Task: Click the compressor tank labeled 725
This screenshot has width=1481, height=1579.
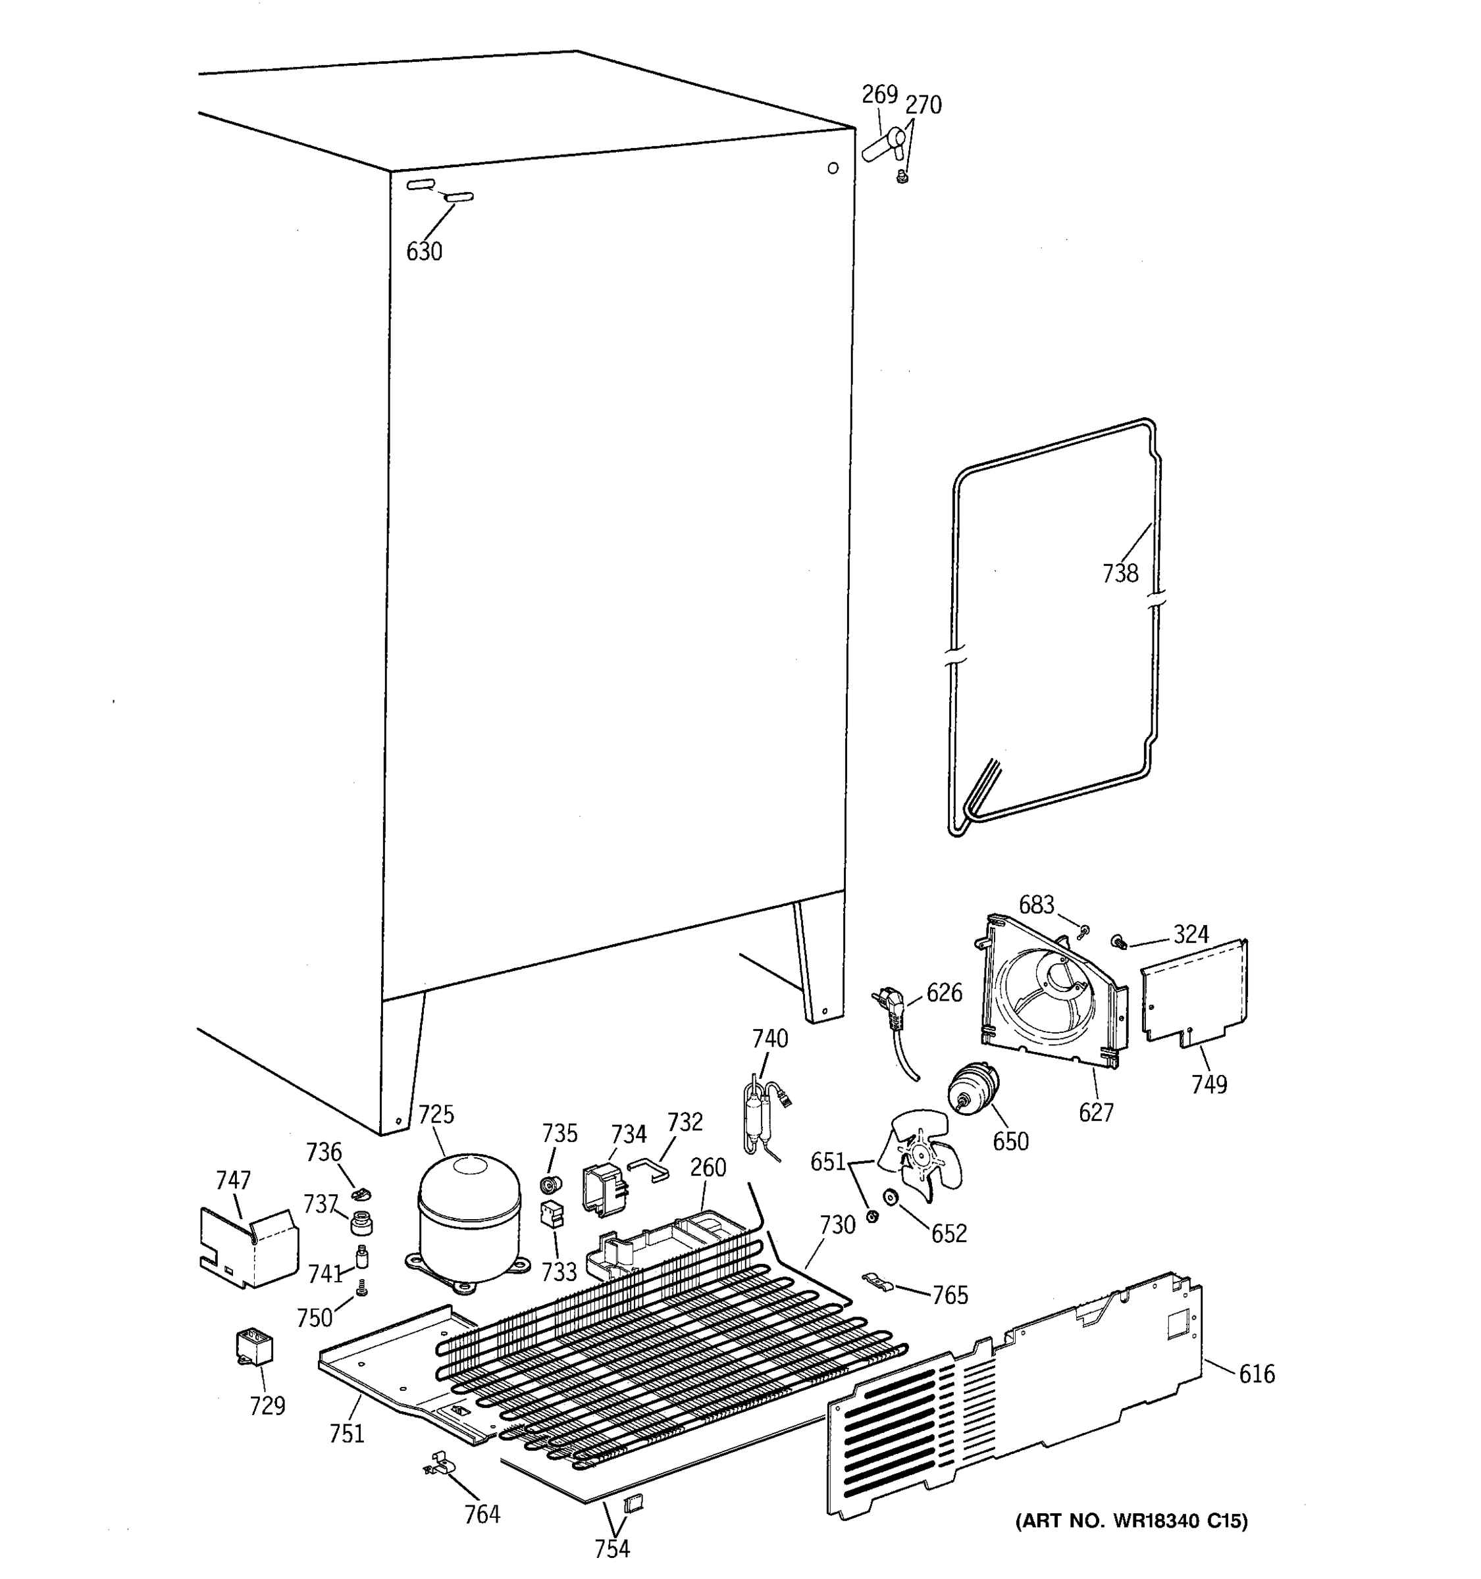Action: click(469, 1219)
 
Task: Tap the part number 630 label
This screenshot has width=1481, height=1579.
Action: click(425, 252)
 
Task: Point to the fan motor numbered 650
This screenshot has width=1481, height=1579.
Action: click(974, 1091)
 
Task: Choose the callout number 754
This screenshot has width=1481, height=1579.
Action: click(611, 1548)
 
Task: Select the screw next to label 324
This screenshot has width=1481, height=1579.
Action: click(1120, 943)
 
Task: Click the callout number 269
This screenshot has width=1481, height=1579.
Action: click(879, 95)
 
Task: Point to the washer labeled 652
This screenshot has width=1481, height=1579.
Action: click(890, 1196)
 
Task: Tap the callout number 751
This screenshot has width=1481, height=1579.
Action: click(347, 1433)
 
